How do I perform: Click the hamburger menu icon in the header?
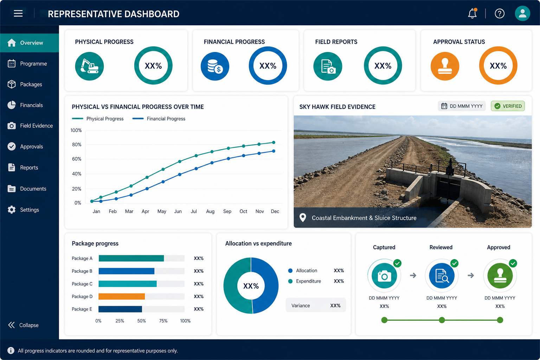coord(18,13)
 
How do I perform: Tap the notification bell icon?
coord(472,13)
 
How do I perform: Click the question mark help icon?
coord(500,13)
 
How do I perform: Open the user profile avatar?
coord(522,13)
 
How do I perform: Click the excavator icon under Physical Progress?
coord(89,66)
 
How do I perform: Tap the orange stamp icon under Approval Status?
coord(445,66)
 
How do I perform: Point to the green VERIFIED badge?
coord(508,106)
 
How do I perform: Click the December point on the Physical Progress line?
coord(274,142)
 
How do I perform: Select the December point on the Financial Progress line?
coord(274,151)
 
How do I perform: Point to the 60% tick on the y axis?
coord(77,159)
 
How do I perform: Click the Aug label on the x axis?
coord(210,212)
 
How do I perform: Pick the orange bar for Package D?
coord(122,296)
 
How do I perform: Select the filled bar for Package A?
coord(131,258)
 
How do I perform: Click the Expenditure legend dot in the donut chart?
coord(290,281)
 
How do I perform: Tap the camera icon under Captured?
coord(384,276)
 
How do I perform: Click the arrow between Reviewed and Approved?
coord(471,275)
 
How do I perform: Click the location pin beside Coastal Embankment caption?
coord(303,218)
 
